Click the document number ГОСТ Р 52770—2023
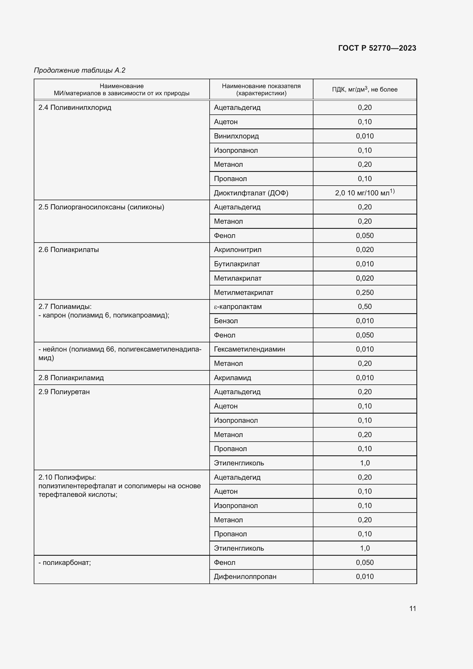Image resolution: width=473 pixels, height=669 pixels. point(377,48)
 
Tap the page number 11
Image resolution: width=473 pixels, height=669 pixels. point(412,608)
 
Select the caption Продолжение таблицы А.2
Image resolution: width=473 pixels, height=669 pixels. point(80,70)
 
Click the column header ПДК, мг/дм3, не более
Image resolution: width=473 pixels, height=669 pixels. point(364,90)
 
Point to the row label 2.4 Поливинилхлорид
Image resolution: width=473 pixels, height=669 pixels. point(75,108)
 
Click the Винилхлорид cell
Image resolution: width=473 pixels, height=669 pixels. point(236,136)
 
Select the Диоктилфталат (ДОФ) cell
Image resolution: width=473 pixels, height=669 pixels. point(251,193)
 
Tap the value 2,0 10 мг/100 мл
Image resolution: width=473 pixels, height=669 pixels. point(364,192)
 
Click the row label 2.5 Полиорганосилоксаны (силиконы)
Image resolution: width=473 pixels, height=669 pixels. point(101,207)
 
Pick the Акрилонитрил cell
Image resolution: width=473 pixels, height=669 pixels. point(237,250)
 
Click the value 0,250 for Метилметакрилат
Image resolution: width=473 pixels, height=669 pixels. point(364,293)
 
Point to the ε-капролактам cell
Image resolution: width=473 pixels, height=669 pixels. point(238,307)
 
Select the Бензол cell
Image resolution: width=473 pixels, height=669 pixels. point(226,321)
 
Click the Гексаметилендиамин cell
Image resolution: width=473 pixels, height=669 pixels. point(249,349)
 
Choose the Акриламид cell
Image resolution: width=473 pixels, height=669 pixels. point(232,378)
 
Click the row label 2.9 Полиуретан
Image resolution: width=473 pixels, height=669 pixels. point(64,392)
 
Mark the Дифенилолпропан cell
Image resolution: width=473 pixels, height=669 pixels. point(245,577)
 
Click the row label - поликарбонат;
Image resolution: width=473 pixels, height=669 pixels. point(65,563)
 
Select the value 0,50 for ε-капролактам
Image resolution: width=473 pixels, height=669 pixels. point(364,307)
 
